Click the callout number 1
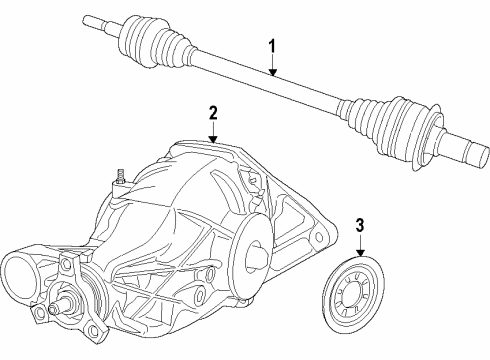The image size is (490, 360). coord(270,46)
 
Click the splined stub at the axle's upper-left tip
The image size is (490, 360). coord(96,20)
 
